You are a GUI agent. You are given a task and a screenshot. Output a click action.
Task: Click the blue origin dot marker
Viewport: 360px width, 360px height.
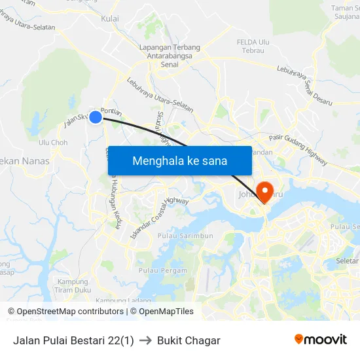95,117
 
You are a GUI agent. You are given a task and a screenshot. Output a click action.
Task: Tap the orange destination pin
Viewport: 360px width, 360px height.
265,190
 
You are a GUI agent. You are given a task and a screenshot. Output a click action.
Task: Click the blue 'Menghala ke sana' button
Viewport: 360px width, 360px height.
179,160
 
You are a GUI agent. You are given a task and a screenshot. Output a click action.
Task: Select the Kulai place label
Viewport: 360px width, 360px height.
110,19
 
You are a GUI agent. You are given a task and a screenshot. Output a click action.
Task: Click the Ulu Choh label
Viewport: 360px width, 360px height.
53,143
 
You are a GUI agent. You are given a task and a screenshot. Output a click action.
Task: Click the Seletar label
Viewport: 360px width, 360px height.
346,261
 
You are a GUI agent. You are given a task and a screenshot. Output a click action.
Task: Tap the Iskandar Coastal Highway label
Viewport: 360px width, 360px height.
160,217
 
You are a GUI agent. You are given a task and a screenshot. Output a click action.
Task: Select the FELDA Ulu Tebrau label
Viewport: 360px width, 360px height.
251,46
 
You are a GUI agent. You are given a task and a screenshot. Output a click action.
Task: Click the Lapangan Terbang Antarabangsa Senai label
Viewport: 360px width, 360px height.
170,56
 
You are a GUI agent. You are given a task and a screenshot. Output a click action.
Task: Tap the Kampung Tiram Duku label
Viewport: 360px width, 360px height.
72,286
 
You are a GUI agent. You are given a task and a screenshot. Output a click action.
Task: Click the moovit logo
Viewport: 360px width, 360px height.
320,340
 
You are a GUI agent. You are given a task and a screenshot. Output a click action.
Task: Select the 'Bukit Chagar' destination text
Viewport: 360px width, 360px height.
189,340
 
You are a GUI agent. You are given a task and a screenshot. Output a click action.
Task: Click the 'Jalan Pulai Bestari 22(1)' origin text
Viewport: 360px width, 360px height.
73,340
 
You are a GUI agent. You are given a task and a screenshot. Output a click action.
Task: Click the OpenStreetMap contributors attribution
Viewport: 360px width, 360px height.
66,312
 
